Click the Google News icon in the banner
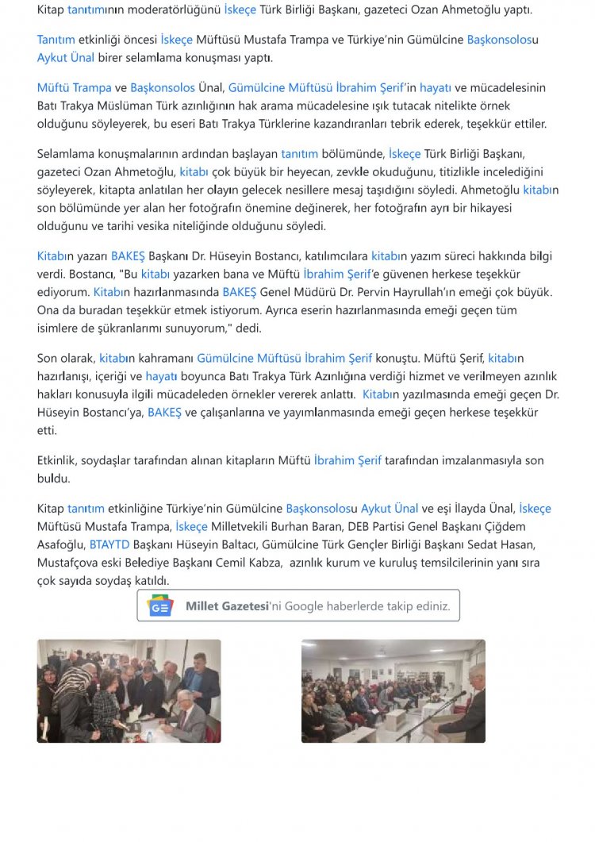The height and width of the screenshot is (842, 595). tap(160, 606)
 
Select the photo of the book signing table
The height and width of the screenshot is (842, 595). tap(129, 690)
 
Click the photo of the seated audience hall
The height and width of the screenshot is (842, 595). tap(393, 690)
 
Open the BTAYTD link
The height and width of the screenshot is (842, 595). tap(109, 544)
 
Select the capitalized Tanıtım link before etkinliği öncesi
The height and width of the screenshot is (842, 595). tap(56, 39)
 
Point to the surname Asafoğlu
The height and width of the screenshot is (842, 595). tap(60, 544)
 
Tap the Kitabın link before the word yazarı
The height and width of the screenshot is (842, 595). tap(55, 256)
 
